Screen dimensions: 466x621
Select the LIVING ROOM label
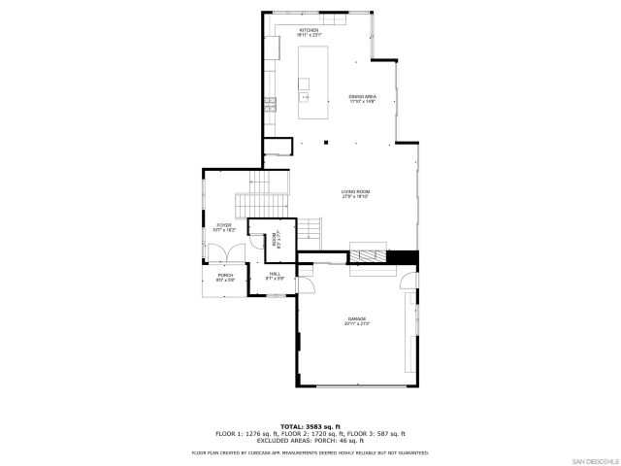pyautogui.click(x=355, y=194)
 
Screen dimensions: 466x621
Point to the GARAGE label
pyautogui.click(x=357, y=321)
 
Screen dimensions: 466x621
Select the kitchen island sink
pyautogui.click(x=306, y=96)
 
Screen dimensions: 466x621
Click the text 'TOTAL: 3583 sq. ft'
pyautogui.click(x=310, y=426)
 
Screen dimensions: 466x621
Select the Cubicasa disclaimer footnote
pyautogui.click(x=310, y=451)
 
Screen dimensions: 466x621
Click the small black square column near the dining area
pyautogui.click(x=325, y=143)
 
